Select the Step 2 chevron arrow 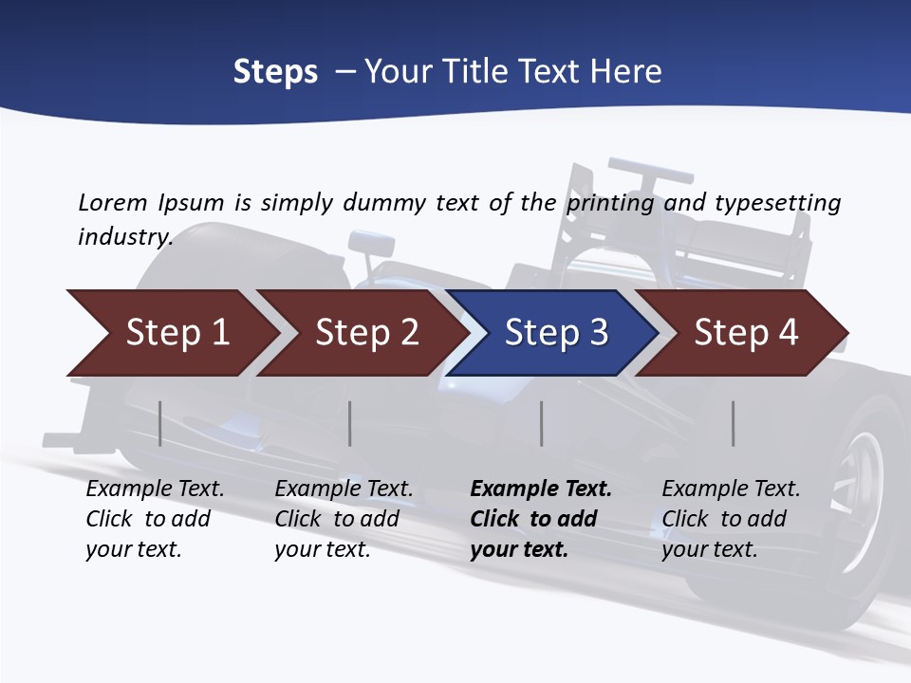coord(366,333)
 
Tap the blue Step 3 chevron coord(556,333)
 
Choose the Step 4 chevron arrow coord(746,333)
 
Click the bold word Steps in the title coord(275,72)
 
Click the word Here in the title coord(625,72)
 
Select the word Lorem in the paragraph coord(113,202)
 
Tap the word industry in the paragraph coord(124,236)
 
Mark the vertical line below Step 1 coord(160,423)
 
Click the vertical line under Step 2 coord(350,423)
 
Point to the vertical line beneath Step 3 coord(541,423)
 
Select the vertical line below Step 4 coord(734,423)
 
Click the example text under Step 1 coord(155,519)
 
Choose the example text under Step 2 coord(344,519)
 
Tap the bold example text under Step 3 coord(541,519)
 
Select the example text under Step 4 coord(731,519)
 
